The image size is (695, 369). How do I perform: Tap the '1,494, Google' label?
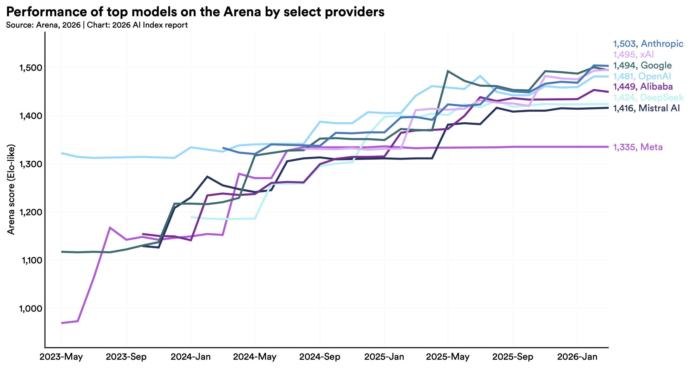point(642,65)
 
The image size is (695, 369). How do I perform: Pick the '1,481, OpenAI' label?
point(642,76)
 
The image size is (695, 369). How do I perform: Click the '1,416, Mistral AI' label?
point(646,108)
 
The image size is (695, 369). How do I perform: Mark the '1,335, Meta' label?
point(638,147)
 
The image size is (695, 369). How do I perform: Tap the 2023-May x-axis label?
point(61,357)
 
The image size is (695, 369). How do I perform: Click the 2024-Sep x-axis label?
point(320,357)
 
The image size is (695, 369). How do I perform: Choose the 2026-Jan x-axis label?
point(577,357)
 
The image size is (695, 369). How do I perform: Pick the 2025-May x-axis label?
point(448,357)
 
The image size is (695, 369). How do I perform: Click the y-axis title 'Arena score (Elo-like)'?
point(11,189)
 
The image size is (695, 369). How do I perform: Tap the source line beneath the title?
point(97,25)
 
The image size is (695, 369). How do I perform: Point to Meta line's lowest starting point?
point(62,323)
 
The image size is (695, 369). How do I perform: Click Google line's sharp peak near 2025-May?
point(448,71)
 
